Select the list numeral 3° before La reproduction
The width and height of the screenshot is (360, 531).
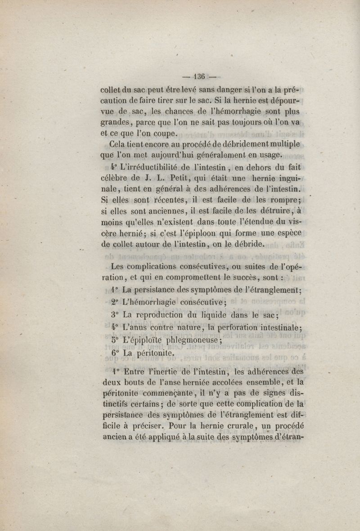115,315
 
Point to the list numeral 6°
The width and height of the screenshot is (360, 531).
115,354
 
